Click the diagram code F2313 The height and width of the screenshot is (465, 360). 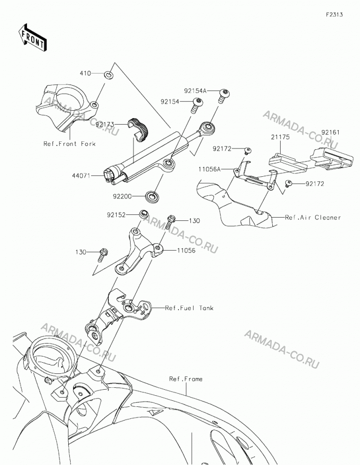tap(334, 14)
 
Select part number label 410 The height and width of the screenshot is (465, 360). tap(85, 73)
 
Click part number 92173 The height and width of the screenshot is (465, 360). tap(105, 125)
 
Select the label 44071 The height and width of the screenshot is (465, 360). tap(81, 176)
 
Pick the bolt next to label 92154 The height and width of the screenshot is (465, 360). tap(197, 106)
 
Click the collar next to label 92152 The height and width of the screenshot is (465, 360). tap(144, 214)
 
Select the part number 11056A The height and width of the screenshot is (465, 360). tap(209, 169)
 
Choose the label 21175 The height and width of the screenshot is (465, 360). tap(280, 137)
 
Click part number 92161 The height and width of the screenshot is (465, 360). tap(330, 133)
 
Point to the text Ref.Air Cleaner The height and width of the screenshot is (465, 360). tap(313, 217)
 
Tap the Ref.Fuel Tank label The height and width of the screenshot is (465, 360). tap(189, 308)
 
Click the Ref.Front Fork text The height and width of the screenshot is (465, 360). tap(70, 144)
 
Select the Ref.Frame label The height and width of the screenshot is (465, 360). tap(186, 379)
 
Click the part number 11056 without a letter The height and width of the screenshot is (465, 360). tap(186, 251)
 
